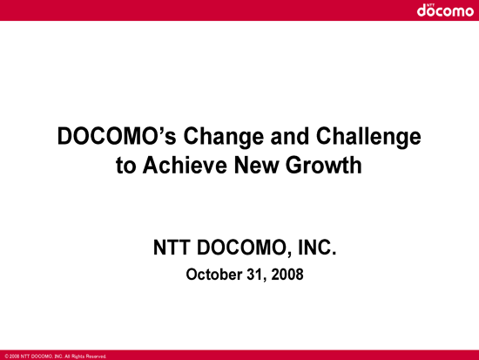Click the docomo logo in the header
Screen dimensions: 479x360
tap(445, 10)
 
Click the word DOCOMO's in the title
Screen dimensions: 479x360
tap(117, 136)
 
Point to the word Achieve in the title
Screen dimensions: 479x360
tap(185, 165)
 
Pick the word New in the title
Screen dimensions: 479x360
tap(257, 165)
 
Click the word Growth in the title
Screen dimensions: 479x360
tap(324, 165)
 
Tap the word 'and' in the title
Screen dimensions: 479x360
tap(290, 136)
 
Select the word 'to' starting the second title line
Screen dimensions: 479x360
tap(126, 166)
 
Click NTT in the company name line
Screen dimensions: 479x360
tap(171, 248)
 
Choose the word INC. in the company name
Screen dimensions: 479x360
tap(317, 248)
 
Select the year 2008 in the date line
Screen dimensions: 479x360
tap(287, 275)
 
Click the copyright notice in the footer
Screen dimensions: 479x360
tap(56, 357)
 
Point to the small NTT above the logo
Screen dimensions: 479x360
tap(430, 5)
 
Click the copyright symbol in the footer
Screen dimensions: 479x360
tap(6, 357)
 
